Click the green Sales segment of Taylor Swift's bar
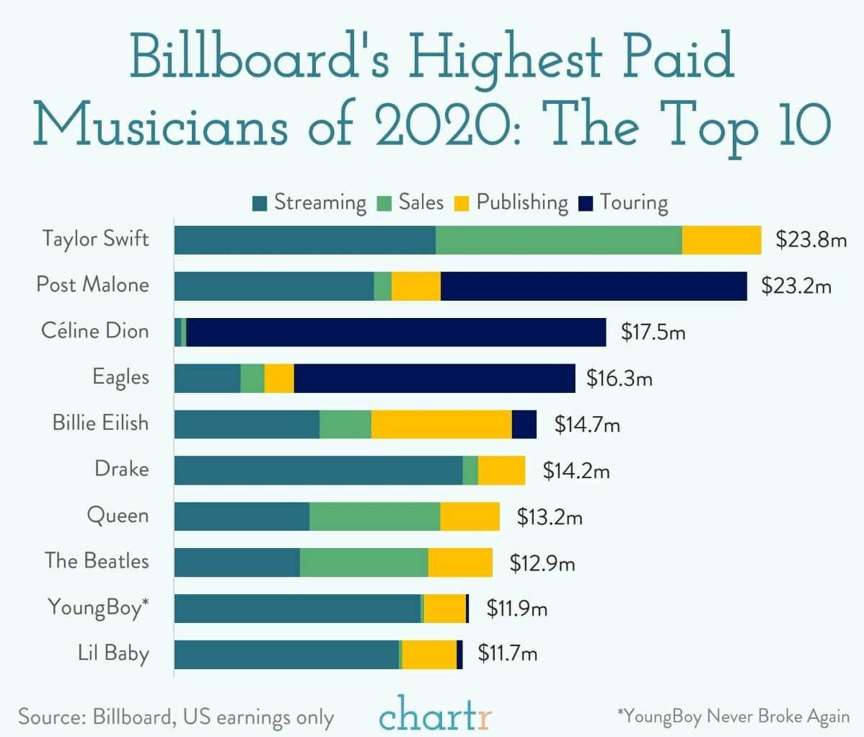click(558, 240)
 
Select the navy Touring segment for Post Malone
click(594, 286)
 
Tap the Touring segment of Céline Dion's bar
click(396, 332)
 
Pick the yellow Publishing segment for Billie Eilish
click(441, 424)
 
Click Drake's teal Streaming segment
click(318, 470)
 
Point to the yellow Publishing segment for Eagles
click(279, 379)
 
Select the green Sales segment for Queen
click(374, 516)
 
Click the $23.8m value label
click(811, 239)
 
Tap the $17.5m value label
click(653, 332)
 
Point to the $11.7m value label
click(508, 654)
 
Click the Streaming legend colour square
click(260, 203)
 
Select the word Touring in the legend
click(633, 203)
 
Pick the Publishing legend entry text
click(522, 203)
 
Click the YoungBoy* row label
click(98, 607)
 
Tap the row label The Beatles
click(97, 561)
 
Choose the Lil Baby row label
click(113, 653)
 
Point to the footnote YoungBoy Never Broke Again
click(733, 716)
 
